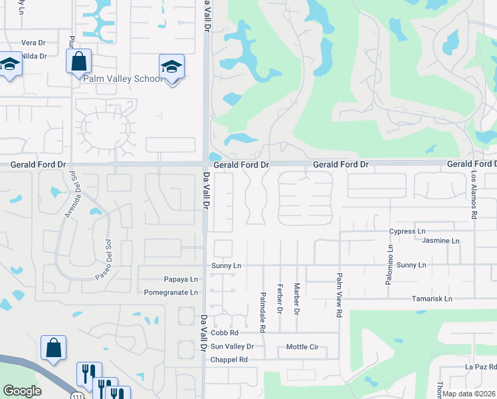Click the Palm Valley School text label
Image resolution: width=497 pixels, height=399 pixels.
click(122, 78)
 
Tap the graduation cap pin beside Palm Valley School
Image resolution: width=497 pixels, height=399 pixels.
click(171, 67)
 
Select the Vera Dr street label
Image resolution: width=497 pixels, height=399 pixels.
click(33, 42)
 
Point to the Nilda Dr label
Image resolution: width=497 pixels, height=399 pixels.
click(33, 56)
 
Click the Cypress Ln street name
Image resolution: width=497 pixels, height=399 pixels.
click(407, 231)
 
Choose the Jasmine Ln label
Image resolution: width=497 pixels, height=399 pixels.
click(441, 240)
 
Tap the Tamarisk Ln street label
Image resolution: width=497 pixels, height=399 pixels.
click(432, 299)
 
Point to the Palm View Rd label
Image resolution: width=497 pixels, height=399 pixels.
click(339, 294)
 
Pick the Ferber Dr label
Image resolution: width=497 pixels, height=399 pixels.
click(280, 299)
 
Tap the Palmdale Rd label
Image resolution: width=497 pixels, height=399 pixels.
click(263, 312)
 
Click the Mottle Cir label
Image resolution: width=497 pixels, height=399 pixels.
click(302, 346)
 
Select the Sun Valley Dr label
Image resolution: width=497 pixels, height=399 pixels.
click(232, 346)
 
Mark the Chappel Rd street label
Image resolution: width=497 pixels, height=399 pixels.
click(229, 360)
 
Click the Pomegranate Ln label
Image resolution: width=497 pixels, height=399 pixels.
click(171, 292)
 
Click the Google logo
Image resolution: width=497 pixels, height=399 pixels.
click(22, 391)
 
